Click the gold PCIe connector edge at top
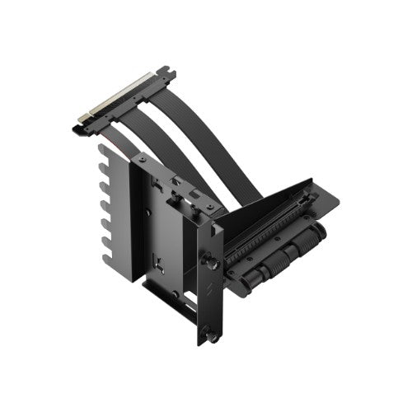(115, 100)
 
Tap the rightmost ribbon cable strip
(222, 157)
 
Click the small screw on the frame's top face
(143, 158)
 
